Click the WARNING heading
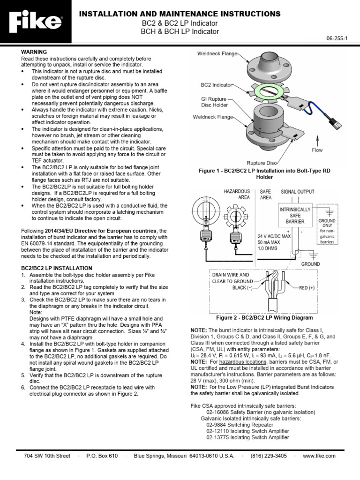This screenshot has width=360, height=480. click(34, 51)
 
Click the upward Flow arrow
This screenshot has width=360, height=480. click(317, 139)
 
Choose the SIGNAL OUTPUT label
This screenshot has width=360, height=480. click(298, 192)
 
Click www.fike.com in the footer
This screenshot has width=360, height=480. click(319, 456)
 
